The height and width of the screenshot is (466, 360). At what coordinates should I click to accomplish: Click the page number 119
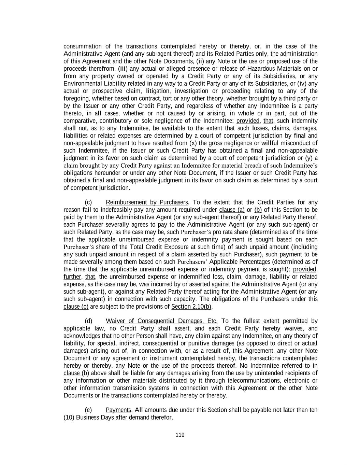[x=180, y=435]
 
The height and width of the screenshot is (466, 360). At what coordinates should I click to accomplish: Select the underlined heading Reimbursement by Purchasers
[x=147, y=202]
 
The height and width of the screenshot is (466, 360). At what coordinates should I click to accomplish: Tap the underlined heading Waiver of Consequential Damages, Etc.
[x=162, y=321]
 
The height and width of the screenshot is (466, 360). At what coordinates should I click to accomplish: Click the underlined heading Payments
[x=118, y=410]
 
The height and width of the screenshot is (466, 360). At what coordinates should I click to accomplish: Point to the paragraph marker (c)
[x=88, y=202]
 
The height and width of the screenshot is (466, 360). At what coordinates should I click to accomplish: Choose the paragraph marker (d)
[x=88, y=321]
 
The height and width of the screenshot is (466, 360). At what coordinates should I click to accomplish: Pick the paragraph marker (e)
[x=88, y=410]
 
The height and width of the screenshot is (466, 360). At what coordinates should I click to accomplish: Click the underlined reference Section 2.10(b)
[x=191, y=307]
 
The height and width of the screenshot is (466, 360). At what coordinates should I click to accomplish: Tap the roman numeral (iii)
[x=123, y=69]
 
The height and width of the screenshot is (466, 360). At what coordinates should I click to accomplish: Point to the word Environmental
[x=82, y=84]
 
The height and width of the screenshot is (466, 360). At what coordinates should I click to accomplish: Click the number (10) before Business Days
[x=69, y=418]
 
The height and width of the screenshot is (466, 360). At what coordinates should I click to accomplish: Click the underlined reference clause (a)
[x=232, y=210]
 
